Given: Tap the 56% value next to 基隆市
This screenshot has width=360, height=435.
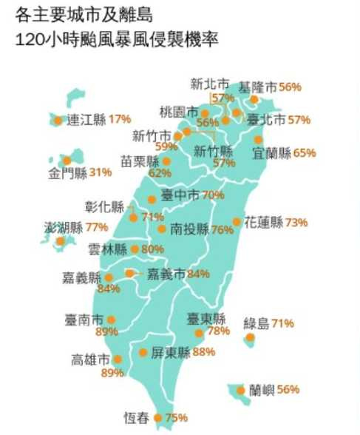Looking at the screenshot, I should click(291, 87).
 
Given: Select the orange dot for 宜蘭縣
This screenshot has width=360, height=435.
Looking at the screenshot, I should click(258, 139).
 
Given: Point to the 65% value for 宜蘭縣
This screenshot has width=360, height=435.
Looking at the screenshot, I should click(305, 153).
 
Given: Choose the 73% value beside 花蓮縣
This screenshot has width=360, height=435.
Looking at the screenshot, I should click(297, 222).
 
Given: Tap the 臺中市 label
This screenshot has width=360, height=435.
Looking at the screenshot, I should click(180, 195).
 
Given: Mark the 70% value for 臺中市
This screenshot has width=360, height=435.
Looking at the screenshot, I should click(214, 195).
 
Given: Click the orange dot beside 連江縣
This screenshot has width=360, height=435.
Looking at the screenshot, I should click(58, 118).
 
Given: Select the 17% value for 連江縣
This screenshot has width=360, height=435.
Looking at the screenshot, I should click(120, 118).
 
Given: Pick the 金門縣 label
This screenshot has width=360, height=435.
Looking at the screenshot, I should click(68, 173).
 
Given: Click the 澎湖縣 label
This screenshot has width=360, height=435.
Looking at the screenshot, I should click(64, 226).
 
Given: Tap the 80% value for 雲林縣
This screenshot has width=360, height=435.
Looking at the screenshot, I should click(152, 249).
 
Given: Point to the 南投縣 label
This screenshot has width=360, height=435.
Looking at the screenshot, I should click(189, 229).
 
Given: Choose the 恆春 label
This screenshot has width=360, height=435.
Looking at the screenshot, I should click(136, 418).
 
